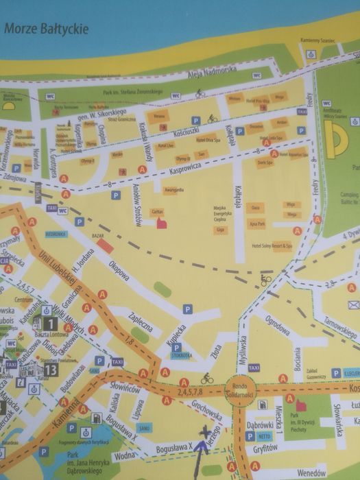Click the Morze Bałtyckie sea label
(44, 29)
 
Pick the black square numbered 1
(50, 323)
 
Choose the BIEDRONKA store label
(55, 232)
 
